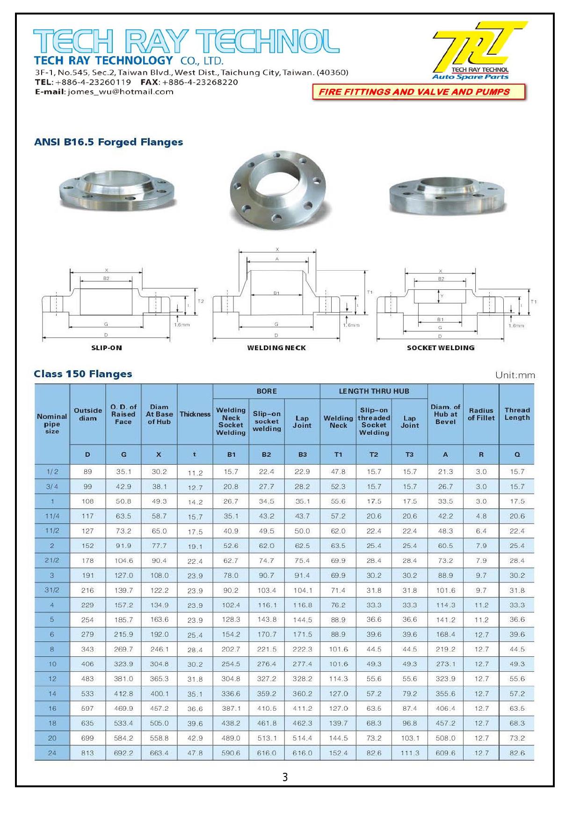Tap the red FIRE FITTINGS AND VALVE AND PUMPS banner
coord(419,92)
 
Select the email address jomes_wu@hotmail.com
coord(121,92)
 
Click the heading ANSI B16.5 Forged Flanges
coord(109,142)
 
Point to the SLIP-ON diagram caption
coord(107,348)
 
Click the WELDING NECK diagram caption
coord(276,348)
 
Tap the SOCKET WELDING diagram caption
coord(441,348)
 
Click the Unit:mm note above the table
coord(515,375)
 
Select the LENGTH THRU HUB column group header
coord(374,391)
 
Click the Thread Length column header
coord(517,414)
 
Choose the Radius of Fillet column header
coord(481,414)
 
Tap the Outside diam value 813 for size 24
coord(87,753)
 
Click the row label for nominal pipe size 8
coord(52,649)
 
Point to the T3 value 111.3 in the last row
coord(410,753)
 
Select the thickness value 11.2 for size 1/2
coord(195,473)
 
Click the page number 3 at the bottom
coord(285,777)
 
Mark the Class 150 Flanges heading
coord(83,374)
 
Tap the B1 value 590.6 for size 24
coord(231,753)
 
